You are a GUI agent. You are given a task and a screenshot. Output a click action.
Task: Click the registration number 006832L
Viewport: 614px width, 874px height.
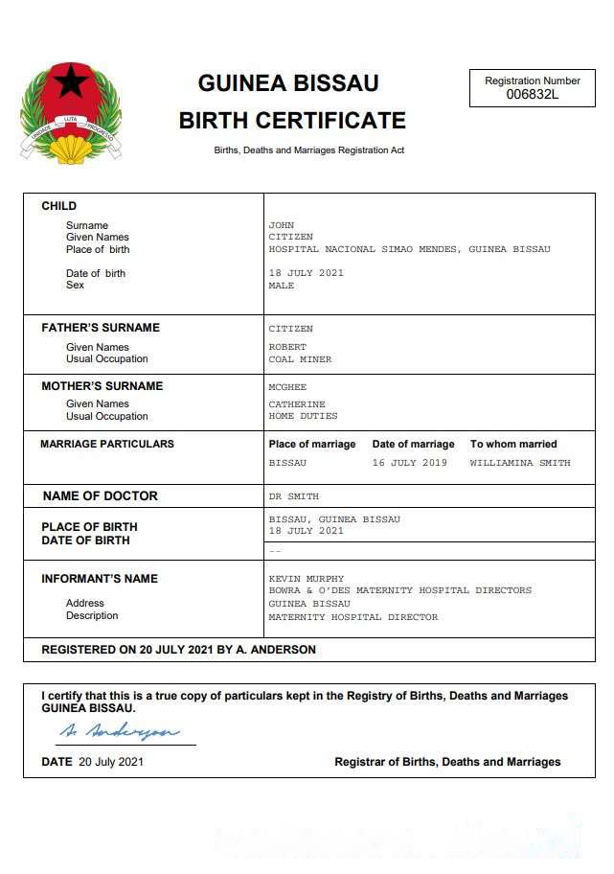tap(532, 94)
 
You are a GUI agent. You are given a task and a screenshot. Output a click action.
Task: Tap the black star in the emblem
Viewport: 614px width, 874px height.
tap(70, 81)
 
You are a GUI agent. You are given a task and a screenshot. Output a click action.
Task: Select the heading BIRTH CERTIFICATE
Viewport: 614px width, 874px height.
tap(292, 121)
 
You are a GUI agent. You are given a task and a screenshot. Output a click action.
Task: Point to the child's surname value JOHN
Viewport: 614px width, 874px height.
tap(281, 225)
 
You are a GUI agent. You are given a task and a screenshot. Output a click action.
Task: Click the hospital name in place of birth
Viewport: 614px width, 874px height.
tap(409, 249)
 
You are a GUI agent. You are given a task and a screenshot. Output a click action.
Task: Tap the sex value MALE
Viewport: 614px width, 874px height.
tap(281, 286)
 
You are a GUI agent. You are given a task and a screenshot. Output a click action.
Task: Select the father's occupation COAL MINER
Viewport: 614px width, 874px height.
tap(300, 359)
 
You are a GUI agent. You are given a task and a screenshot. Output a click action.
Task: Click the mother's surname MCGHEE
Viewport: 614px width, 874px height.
tap(287, 387)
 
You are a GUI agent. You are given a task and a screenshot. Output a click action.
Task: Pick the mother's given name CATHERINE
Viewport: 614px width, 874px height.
tap(297, 404)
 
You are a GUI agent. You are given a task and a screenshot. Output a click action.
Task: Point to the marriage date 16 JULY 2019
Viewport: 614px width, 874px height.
tap(409, 463)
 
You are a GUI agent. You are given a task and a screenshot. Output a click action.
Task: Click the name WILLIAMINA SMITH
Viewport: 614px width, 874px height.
tap(519, 463)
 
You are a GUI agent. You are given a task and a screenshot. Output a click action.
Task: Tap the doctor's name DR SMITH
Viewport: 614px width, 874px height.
tap(293, 496)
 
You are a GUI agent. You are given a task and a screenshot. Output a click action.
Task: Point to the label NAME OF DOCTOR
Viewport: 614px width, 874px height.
tap(100, 496)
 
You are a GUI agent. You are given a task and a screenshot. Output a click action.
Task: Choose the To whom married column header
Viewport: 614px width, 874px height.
tap(512, 444)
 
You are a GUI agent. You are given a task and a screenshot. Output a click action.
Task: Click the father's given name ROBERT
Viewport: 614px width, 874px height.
tap(287, 347)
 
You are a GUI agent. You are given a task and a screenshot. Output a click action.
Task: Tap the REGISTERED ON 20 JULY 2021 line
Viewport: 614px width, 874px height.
tap(178, 650)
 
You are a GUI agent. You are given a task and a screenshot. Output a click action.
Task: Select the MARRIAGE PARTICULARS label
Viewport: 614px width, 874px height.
tap(107, 444)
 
